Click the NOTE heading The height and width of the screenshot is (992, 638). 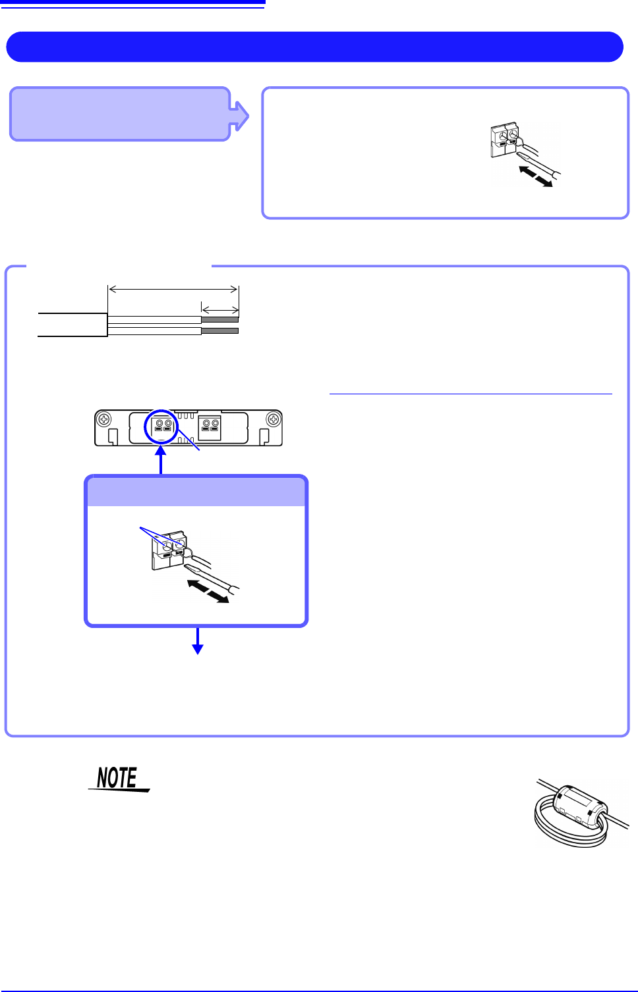click(118, 778)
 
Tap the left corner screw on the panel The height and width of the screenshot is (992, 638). click(103, 419)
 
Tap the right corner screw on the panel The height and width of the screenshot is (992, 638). click(274, 419)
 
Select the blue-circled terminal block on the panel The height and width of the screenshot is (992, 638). click(163, 428)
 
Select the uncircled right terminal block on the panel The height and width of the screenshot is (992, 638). click(210, 428)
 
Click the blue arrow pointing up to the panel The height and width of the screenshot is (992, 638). click(161, 460)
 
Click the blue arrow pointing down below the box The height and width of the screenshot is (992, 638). click(197, 641)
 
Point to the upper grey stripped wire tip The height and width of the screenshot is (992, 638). click(219, 319)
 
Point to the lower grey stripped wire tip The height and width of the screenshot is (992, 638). click(219, 330)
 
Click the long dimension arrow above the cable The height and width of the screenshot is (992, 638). click(173, 289)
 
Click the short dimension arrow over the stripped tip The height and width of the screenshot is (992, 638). click(219, 309)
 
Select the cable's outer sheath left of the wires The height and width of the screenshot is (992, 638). click(72, 325)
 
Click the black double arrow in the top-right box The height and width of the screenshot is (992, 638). click(536, 176)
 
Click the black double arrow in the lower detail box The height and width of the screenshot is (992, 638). click(208, 591)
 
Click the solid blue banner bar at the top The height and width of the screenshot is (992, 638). click(314, 47)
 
